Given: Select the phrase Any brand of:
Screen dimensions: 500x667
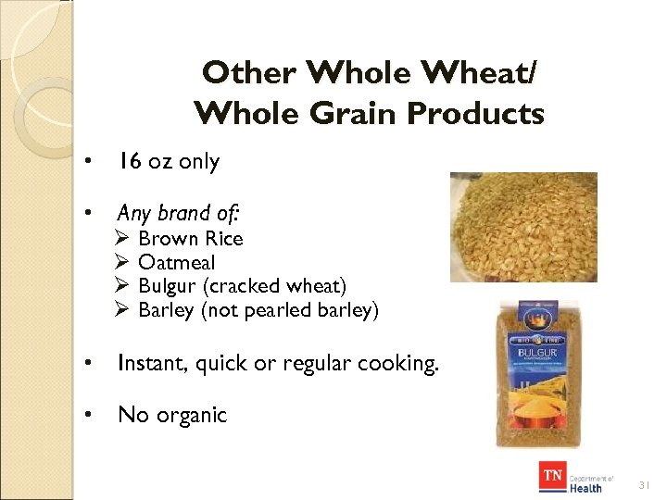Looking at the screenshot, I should [179, 213].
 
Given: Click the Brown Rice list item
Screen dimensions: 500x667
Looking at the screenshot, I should [190, 239].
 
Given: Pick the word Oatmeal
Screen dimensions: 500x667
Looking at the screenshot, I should [176, 263].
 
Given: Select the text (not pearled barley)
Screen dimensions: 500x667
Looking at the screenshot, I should [290, 311].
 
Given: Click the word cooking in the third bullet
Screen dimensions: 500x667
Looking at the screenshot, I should [396, 364].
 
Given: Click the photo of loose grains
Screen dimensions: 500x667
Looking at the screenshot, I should [523, 227].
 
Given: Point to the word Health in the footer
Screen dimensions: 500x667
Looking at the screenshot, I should [585, 487].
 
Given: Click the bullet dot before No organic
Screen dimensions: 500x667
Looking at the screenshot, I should [86, 415].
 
